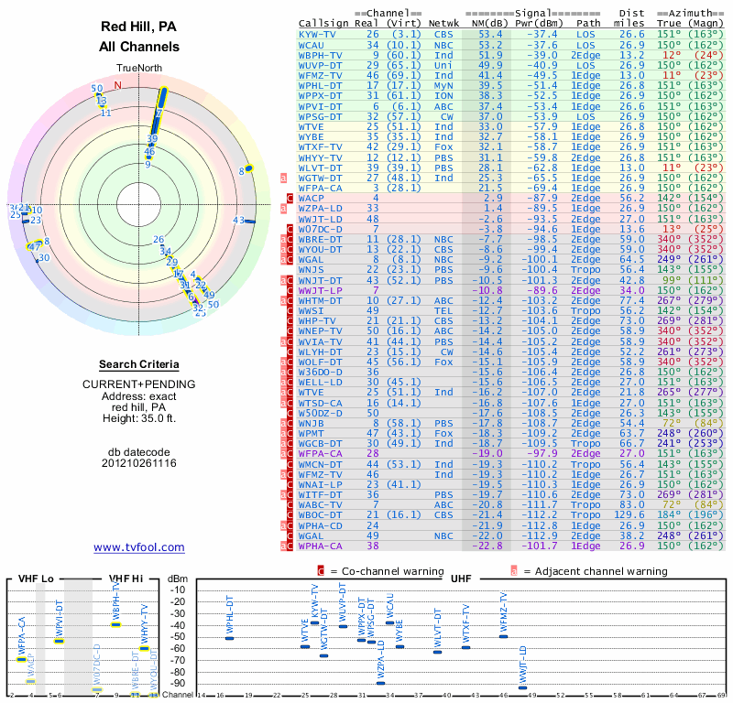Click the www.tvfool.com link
point(139,547)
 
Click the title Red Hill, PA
point(139,27)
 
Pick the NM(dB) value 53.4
point(489,34)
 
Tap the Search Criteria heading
point(139,364)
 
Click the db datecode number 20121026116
point(139,463)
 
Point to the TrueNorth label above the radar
point(138,69)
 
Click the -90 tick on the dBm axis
point(178,683)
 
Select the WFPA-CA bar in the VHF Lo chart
point(21,659)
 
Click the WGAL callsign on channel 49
point(312,537)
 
